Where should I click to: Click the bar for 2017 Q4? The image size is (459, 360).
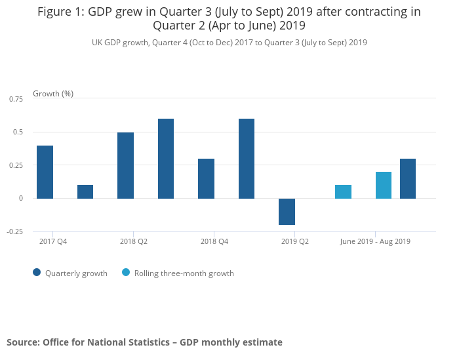(x=45, y=172)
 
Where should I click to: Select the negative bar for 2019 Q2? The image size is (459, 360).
(x=287, y=211)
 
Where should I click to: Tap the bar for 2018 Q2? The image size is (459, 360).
(x=125, y=165)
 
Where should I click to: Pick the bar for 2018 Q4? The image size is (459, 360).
(x=206, y=178)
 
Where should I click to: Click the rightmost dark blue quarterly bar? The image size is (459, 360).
(x=407, y=178)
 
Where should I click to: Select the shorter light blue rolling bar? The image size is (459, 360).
(x=343, y=191)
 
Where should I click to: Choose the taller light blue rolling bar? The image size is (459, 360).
(x=384, y=185)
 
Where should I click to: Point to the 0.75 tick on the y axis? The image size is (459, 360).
(x=16, y=99)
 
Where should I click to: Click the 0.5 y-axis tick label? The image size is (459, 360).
(x=18, y=132)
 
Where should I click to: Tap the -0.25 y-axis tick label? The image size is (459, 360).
(x=15, y=231)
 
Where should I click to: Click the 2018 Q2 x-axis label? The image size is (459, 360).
(x=133, y=241)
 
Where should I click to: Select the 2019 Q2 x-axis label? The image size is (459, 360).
(x=294, y=241)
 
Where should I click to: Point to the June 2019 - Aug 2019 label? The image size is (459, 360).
(x=375, y=241)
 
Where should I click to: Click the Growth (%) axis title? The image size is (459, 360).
(x=53, y=93)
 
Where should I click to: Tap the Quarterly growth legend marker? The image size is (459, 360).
(x=37, y=273)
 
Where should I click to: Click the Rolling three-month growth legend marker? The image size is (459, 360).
(x=126, y=273)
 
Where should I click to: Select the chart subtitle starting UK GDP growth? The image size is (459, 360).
(x=229, y=43)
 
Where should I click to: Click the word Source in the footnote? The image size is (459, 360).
(x=22, y=342)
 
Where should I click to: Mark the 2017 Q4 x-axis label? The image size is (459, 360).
(x=53, y=241)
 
